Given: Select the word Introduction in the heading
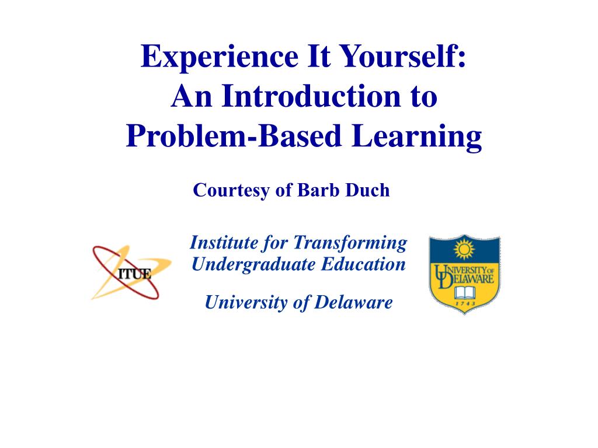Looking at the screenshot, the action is (312, 96).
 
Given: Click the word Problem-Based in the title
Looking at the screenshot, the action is (234, 136).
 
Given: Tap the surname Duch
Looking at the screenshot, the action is (367, 190).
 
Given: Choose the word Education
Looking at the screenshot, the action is (363, 264).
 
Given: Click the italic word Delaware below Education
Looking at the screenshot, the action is (353, 302).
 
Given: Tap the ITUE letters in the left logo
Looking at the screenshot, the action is (134, 274).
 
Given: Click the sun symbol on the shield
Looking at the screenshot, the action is (464, 249).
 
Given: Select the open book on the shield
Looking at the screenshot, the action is (464, 293).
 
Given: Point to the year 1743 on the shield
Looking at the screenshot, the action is (465, 303).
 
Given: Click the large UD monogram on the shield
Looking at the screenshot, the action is (443, 276).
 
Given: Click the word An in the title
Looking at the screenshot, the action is (192, 96).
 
